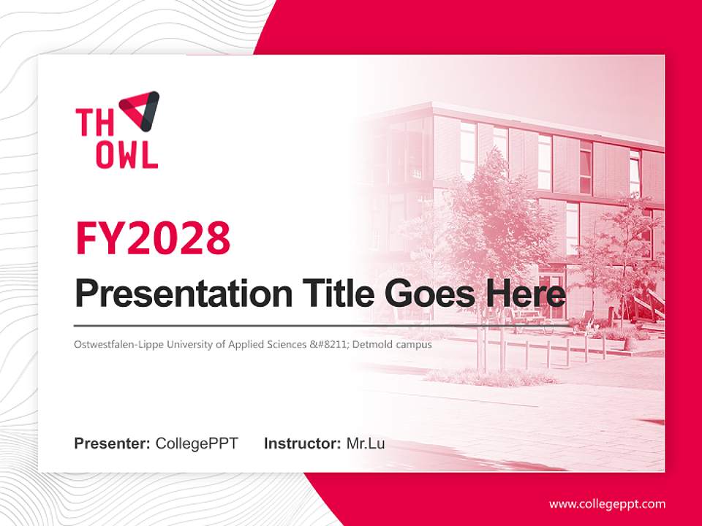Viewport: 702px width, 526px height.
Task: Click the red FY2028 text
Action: pyautogui.click(x=153, y=238)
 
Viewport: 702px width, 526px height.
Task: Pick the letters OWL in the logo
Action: pyautogui.click(x=117, y=155)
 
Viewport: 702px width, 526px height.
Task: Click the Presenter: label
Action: pyautogui.click(x=113, y=443)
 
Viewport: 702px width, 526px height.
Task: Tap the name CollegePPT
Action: pyautogui.click(x=197, y=443)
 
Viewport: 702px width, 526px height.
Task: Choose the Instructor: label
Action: pyautogui.click(x=302, y=443)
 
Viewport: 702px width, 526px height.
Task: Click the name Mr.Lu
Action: pyautogui.click(x=366, y=443)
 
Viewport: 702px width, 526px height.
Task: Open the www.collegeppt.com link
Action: pyautogui.click(x=607, y=503)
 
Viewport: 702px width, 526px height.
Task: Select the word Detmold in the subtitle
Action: pyautogui.click(x=371, y=343)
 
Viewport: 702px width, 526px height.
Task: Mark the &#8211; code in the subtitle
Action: pyautogui.click(x=329, y=343)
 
